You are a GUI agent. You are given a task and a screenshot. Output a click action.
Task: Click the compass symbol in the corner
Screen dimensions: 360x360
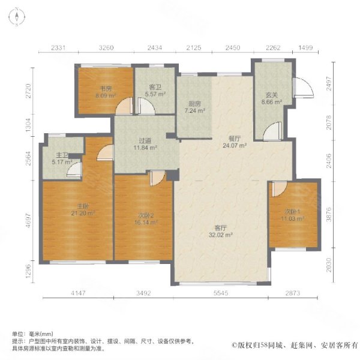click(17, 17)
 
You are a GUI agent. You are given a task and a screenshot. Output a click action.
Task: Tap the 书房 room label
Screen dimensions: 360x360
click(106, 88)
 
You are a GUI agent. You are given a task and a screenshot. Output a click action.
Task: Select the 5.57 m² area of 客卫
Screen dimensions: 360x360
click(155, 94)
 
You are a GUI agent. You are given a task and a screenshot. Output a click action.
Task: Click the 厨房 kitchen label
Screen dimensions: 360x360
click(194, 104)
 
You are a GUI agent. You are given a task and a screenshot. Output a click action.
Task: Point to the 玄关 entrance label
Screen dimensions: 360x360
click(272, 95)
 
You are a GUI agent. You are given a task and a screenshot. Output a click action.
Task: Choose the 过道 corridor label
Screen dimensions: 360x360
click(145, 140)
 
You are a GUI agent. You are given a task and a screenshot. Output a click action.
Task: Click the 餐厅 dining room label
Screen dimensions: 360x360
click(235, 139)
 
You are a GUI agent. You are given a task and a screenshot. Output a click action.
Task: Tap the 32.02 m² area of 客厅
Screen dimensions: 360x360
click(221, 235)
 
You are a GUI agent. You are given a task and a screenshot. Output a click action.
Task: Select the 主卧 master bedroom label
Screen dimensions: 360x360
click(83, 206)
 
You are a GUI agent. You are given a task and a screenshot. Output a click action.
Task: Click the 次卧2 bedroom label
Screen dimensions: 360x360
click(146, 215)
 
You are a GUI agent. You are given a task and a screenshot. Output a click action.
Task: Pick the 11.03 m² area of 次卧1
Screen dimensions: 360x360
click(293, 218)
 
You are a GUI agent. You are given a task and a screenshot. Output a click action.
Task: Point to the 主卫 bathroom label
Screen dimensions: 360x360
click(62, 155)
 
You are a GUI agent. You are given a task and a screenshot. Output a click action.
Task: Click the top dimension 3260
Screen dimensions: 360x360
click(106, 48)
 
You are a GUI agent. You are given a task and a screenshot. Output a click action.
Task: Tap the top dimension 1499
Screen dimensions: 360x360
click(305, 48)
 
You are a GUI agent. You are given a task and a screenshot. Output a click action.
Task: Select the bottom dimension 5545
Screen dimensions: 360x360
click(221, 293)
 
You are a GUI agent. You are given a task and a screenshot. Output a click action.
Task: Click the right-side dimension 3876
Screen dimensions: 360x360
click(329, 214)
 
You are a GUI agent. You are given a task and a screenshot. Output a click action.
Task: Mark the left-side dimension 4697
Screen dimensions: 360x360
click(28, 220)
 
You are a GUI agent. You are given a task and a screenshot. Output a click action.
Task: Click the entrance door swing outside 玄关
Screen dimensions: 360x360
click(303, 88)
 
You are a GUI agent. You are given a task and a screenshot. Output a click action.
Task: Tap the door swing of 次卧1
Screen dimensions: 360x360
click(280, 189)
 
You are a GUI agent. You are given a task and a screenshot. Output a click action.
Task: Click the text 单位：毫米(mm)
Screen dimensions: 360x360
click(32, 334)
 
